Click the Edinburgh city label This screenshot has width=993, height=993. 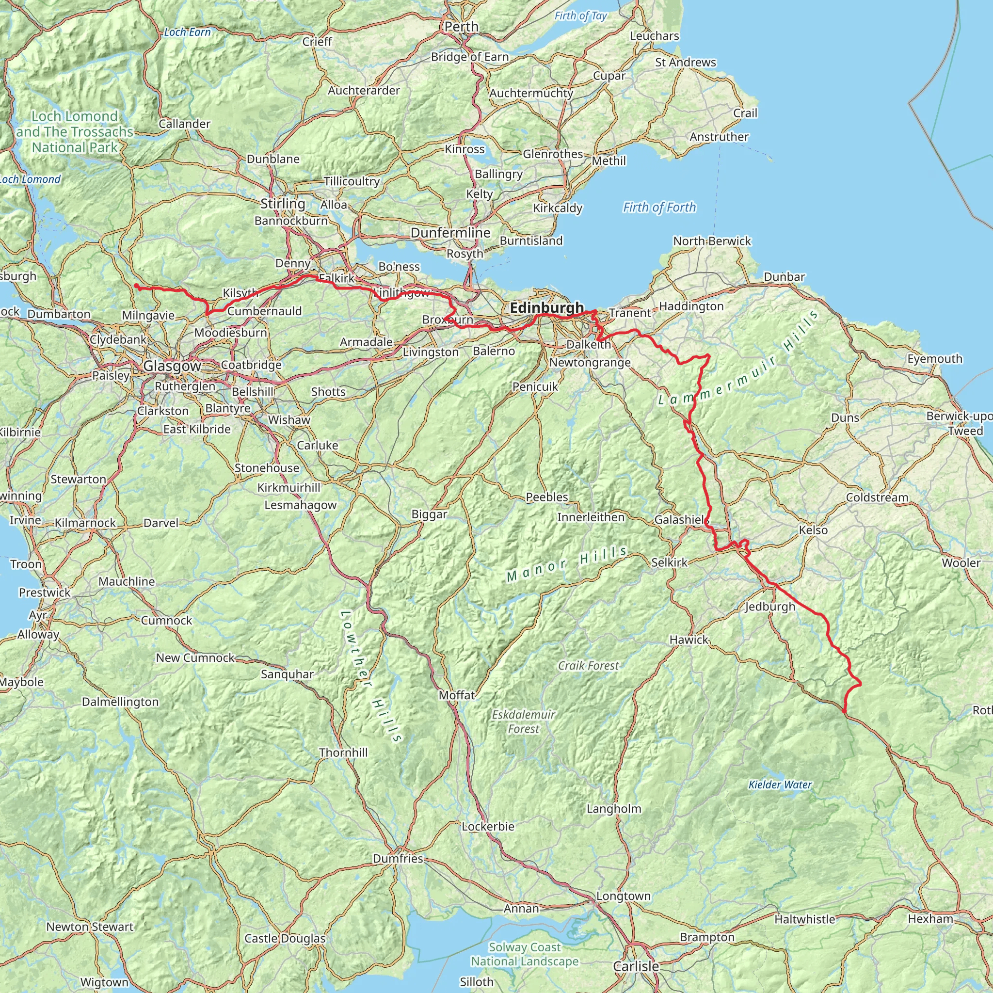click(x=547, y=308)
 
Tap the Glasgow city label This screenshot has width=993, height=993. click(x=172, y=366)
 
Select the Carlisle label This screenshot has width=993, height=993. click(x=636, y=966)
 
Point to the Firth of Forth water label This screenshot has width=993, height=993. click(x=659, y=207)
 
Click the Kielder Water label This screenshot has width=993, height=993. click(x=780, y=785)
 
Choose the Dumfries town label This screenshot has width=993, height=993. click(x=398, y=858)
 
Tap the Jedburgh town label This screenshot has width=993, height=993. click(x=770, y=607)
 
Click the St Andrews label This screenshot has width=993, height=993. click(x=685, y=62)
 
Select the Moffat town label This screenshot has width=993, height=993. click(x=456, y=695)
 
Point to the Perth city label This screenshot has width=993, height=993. click(x=461, y=27)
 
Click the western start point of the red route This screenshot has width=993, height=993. click(x=136, y=286)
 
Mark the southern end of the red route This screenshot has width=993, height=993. click(x=845, y=712)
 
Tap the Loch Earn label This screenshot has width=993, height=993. click(x=187, y=32)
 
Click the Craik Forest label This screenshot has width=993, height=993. click(x=589, y=666)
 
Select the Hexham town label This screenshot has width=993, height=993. click(x=930, y=918)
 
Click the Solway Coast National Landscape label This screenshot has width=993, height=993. click(x=525, y=954)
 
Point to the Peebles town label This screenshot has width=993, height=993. click(x=547, y=497)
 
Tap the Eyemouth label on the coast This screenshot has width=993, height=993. click(x=934, y=359)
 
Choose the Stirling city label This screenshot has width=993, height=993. click(x=283, y=204)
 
